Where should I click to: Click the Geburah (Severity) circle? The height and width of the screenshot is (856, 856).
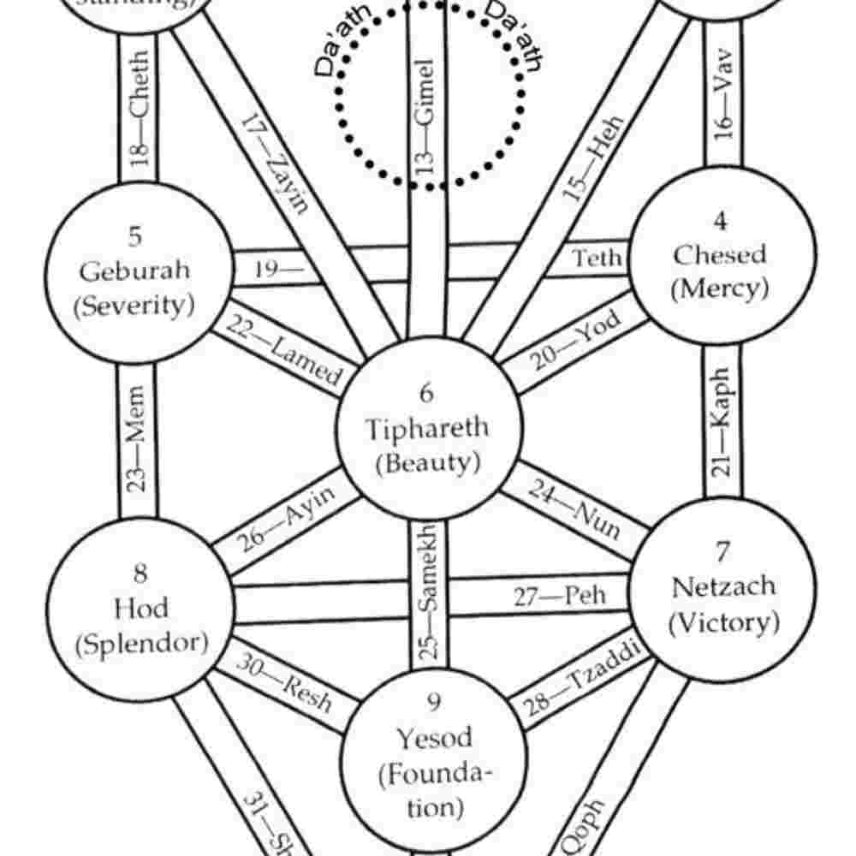click(x=137, y=271)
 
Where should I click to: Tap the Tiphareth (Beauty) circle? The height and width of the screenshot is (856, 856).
click(x=427, y=428)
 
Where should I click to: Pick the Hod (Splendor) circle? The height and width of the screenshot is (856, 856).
click(x=140, y=609)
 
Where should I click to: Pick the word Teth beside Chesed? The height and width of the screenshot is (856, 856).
click(x=597, y=258)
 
